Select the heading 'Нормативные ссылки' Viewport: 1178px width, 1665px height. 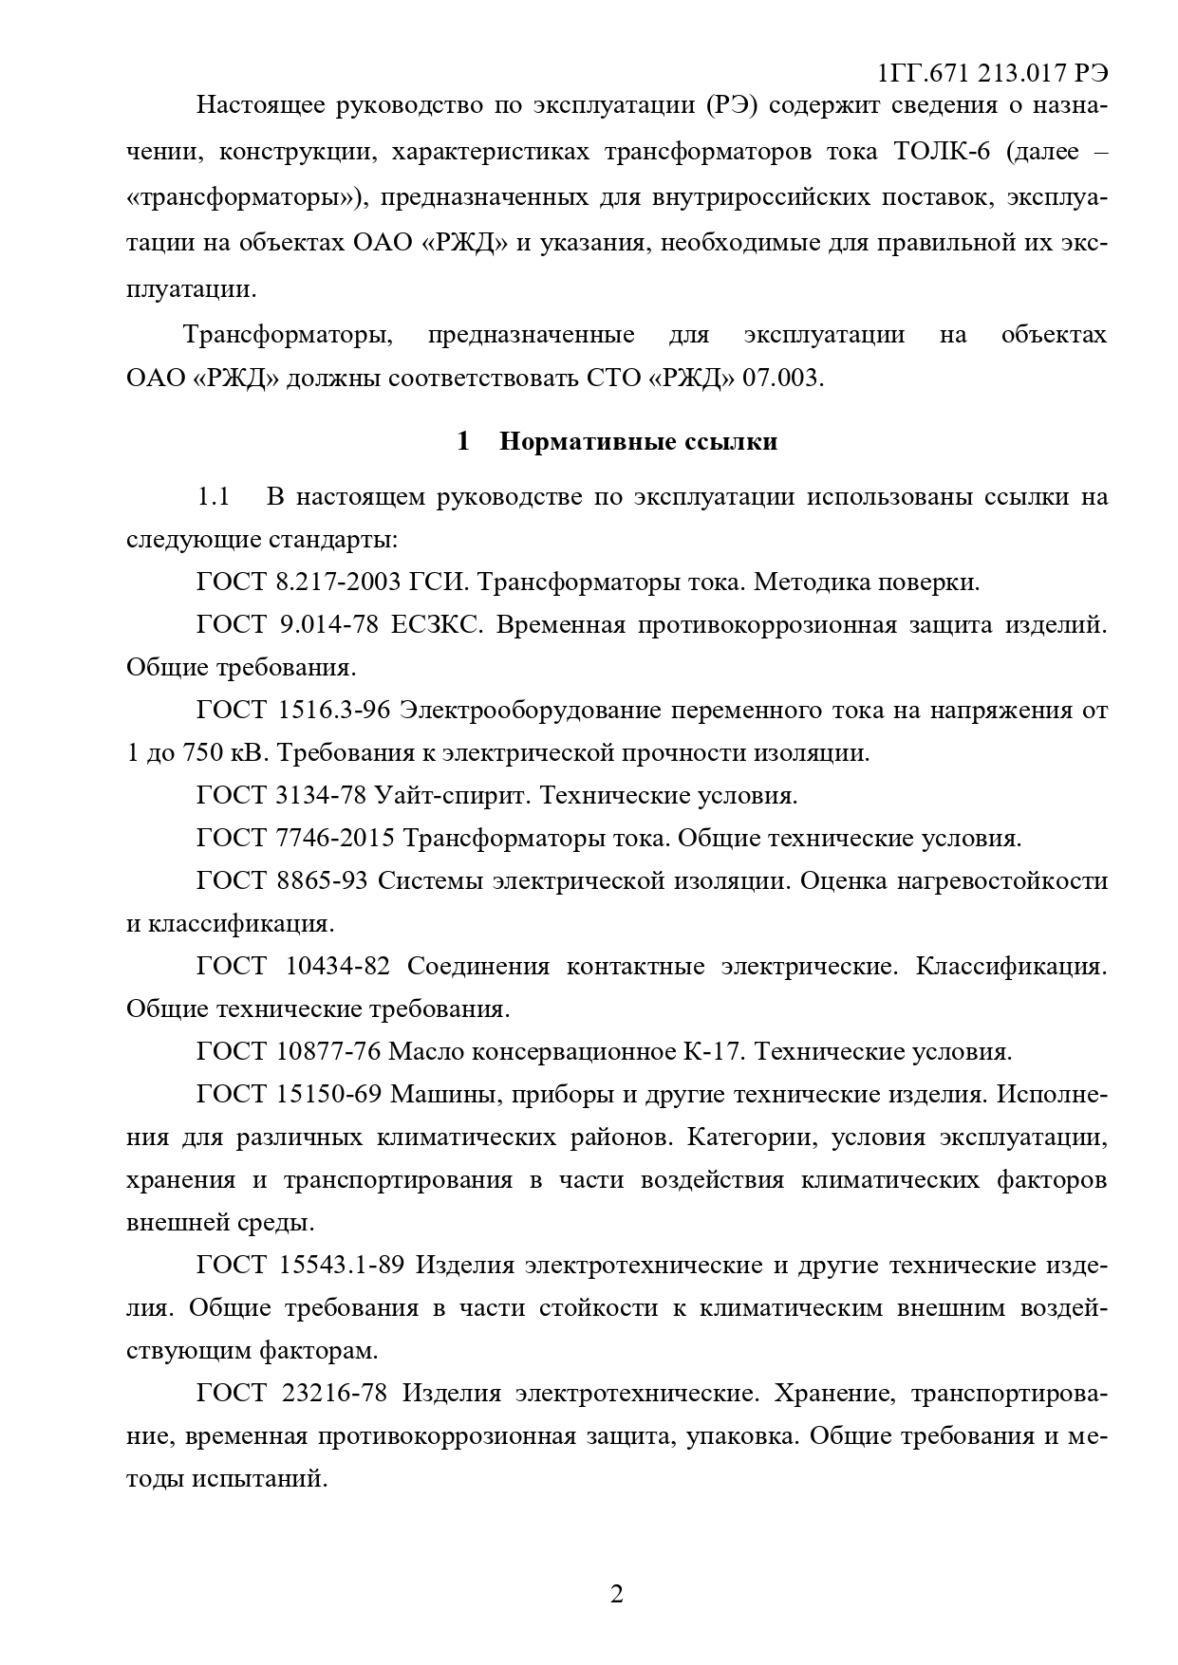[638, 441]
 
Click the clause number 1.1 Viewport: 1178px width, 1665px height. [214, 497]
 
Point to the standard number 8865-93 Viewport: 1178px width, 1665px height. [322, 880]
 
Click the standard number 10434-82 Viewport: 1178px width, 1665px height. [338, 966]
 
